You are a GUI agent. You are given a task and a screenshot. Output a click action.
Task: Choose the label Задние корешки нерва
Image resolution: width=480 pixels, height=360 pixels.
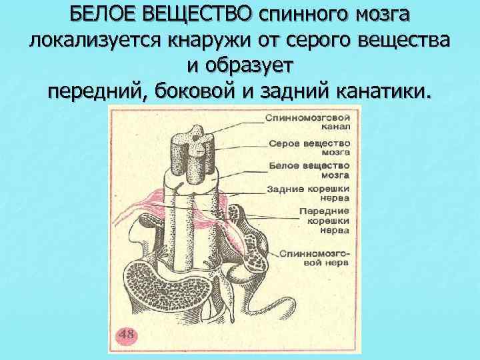pos(308,193)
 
